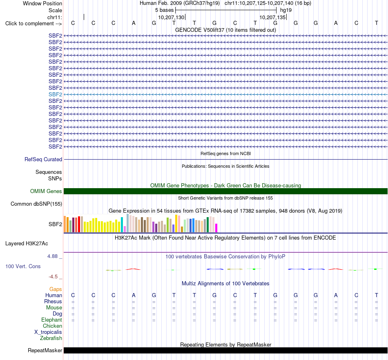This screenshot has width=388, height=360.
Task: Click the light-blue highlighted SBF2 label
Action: [55, 94]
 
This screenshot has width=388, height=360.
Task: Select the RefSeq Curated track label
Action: [43, 160]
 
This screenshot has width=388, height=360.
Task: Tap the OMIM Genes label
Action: [46, 191]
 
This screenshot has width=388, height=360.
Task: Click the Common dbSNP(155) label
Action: [36, 204]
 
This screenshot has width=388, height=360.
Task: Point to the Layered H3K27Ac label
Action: [27, 244]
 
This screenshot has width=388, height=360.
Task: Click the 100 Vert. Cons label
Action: [23, 266]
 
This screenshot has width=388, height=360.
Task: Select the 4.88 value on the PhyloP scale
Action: [52, 256]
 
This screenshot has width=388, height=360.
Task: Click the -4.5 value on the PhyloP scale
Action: [53, 277]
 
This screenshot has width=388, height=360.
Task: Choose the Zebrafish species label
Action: [51, 338]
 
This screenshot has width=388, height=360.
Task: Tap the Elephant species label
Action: [51, 320]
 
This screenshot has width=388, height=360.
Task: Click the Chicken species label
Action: [52, 326]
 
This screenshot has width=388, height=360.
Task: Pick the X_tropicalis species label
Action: [48, 332]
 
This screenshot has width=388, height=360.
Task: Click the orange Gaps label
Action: [56, 289]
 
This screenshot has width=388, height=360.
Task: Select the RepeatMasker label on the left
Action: [45, 351]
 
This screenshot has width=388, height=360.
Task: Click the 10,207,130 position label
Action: [171, 17]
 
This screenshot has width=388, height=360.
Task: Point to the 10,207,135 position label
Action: [272, 17]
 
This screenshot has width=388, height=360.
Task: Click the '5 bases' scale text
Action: [165, 10]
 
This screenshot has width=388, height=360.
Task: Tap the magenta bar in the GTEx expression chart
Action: [216, 228]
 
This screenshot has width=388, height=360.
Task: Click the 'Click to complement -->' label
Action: [33, 24]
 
